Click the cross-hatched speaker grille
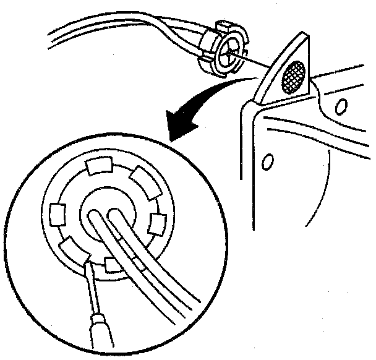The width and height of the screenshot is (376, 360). [x=294, y=77]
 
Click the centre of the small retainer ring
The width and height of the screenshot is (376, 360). [x=227, y=53]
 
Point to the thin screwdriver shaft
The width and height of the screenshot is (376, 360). [x=91, y=291]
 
